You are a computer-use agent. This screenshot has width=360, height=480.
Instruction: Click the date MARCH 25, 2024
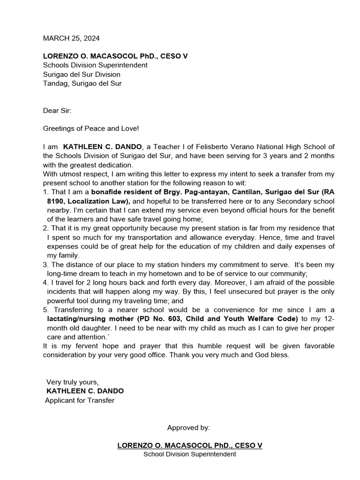click(x=71, y=38)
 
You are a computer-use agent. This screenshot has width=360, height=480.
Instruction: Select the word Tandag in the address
click(x=55, y=83)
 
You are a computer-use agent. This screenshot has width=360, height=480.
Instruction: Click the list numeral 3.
click(x=45, y=265)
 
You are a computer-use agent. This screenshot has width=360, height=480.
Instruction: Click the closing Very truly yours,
click(x=73, y=382)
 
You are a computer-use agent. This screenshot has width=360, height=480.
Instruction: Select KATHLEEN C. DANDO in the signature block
click(x=85, y=391)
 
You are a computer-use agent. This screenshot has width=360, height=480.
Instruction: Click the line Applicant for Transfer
click(x=80, y=400)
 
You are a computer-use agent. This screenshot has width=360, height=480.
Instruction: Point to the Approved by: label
click(x=188, y=427)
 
